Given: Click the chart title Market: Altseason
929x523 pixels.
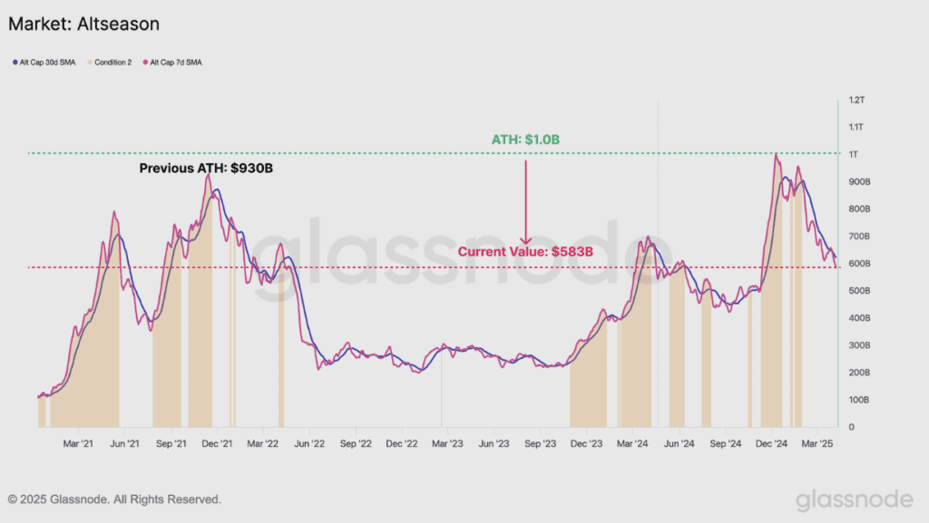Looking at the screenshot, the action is (83, 24).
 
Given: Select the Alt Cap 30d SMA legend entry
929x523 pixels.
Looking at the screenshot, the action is (44, 63).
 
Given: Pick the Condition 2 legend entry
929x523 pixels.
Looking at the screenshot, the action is (110, 63).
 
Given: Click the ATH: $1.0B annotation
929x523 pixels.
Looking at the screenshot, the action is (525, 140).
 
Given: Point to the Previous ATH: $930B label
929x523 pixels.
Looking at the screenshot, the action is (206, 168).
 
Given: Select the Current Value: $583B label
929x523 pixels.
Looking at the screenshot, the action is (525, 251).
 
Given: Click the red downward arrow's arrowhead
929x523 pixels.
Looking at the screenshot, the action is (525, 241).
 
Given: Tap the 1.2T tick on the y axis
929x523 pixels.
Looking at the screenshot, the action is (856, 100).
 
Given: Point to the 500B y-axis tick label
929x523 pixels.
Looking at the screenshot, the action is (859, 290).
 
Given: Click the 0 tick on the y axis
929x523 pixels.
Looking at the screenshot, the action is (851, 427).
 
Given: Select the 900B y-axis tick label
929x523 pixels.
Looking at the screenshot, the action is (859, 181).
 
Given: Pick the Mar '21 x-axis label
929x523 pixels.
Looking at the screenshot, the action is (78, 444).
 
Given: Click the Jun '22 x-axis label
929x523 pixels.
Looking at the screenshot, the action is (309, 444).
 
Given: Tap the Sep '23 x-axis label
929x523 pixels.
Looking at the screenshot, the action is (541, 444).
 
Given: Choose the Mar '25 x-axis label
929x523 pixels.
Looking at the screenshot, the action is (817, 444).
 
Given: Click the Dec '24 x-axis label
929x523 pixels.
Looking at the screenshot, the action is (771, 444).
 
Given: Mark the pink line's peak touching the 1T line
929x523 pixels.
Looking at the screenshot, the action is (776, 154).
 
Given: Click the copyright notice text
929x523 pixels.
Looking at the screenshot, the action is (114, 499).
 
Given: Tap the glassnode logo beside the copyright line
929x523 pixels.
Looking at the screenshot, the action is (855, 500).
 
